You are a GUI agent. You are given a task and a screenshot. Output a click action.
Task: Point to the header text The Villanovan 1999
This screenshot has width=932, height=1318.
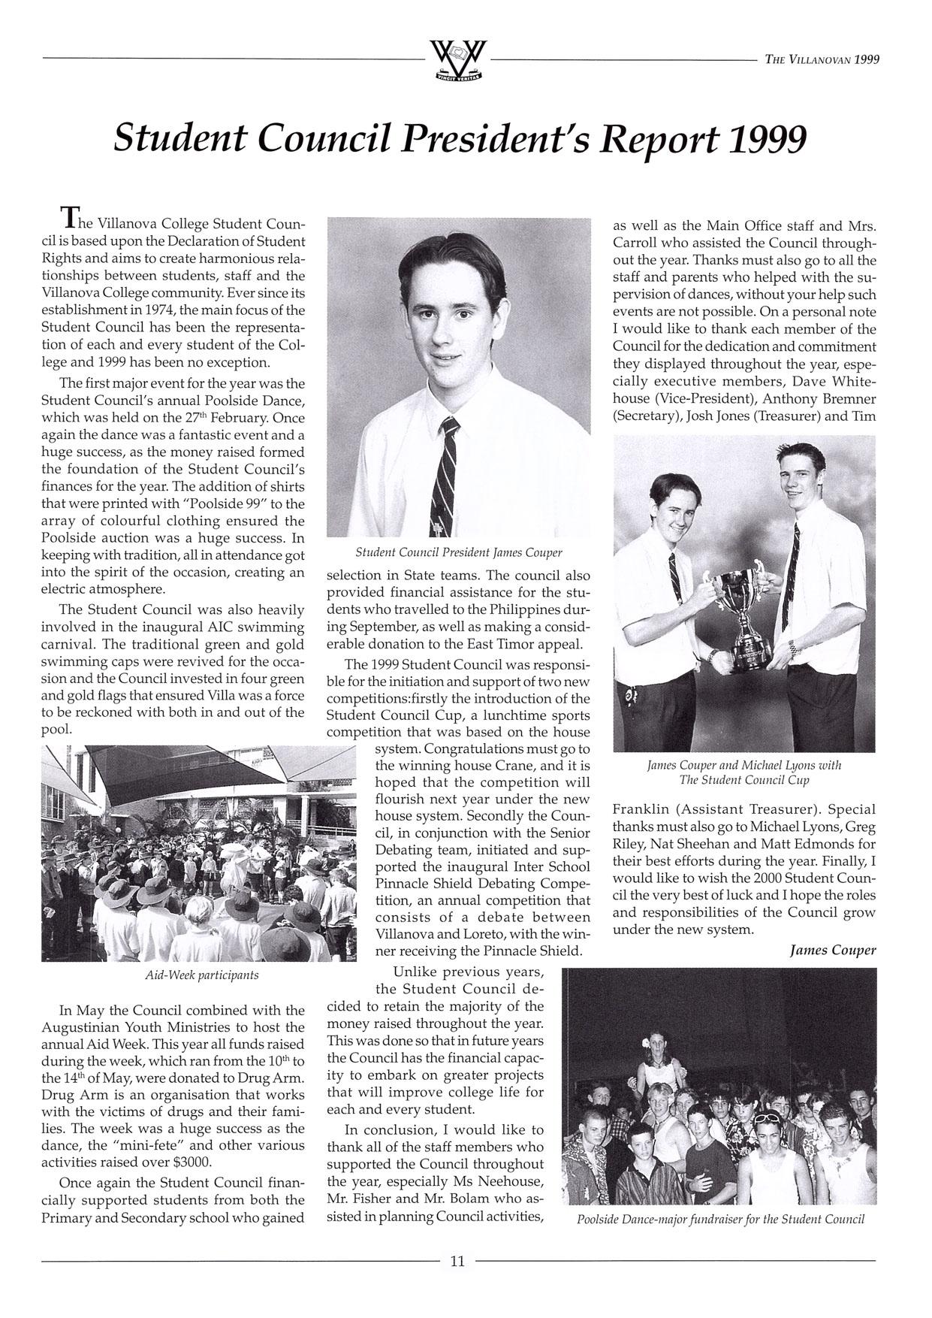click(x=822, y=60)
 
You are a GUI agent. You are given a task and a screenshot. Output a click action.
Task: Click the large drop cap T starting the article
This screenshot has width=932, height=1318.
click(x=68, y=218)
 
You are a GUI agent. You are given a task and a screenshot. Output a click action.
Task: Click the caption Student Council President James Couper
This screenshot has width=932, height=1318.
click(x=458, y=552)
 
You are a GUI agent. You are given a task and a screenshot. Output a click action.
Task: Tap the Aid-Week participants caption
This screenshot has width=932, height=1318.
click(x=201, y=975)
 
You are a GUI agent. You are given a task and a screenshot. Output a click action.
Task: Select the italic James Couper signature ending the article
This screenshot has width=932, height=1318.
click(x=833, y=950)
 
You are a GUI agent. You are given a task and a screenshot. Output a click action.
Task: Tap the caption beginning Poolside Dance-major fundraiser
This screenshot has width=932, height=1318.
click(x=720, y=1219)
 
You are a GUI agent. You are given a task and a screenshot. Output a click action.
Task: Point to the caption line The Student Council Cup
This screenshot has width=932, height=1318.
click(x=743, y=780)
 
